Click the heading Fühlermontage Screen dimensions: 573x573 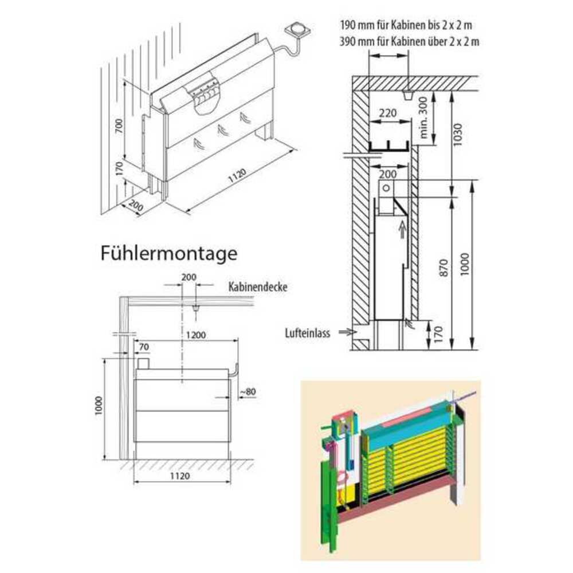(168, 253)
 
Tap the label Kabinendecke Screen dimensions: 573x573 (257, 286)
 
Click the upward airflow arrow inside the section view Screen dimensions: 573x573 (401, 230)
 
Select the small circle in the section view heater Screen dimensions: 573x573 (387, 187)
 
